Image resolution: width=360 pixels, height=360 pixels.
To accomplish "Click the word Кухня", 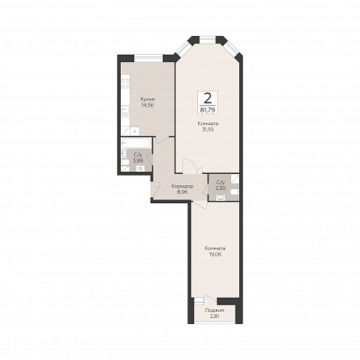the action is click(x=147, y=99).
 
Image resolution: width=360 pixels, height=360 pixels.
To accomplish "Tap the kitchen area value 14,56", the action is click(x=147, y=105).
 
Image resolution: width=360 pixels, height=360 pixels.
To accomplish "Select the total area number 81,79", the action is click(x=208, y=109).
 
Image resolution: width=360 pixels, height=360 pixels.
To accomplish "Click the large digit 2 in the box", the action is click(x=208, y=99).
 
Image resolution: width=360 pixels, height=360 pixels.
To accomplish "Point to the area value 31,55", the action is click(x=208, y=130).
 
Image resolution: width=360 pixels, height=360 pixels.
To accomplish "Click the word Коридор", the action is click(x=182, y=186).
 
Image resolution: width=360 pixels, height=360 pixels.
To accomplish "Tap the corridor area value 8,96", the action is click(x=182, y=192).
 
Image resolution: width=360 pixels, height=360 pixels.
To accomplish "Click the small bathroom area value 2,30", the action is click(x=220, y=188).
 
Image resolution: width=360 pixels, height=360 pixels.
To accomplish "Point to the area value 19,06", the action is click(x=215, y=254).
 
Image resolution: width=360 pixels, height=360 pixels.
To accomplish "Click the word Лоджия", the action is click(x=214, y=310).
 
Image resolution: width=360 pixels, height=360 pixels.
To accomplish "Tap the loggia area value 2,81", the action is click(x=214, y=316).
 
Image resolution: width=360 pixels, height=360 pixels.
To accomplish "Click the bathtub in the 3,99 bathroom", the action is click(x=136, y=143).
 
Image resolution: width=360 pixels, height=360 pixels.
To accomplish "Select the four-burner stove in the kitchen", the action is click(x=125, y=83).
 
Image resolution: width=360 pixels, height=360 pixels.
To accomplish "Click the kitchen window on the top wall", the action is click(x=148, y=58).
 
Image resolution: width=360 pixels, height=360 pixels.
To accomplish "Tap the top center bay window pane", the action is click(x=208, y=40).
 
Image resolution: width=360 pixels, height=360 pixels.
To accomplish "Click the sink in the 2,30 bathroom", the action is click(x=220, y=197).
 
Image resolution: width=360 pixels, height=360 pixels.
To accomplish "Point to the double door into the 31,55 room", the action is click(x=192, y=166).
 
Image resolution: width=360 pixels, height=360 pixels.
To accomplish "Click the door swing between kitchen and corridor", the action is click(x=163, y=139).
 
